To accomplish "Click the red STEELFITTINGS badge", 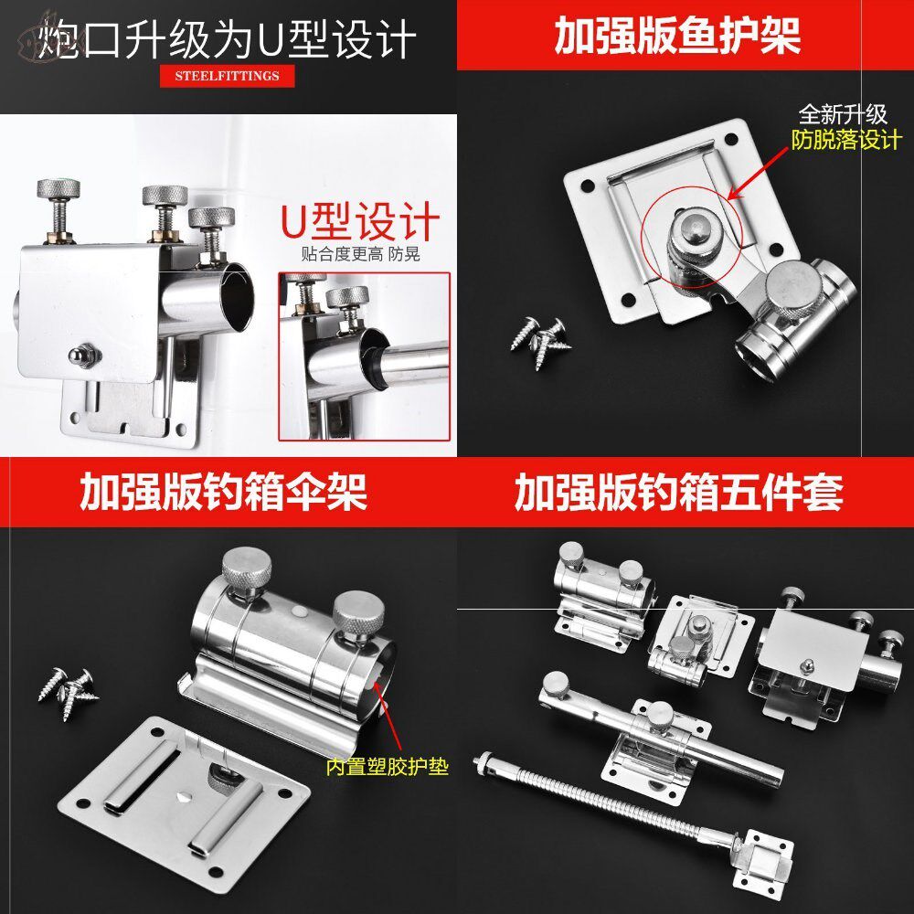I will [x=227, y=76].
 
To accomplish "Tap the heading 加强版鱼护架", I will [x=677, y=36].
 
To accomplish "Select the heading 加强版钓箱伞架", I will [x=223, y=492].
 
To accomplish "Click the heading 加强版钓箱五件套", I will [x=678, y=492].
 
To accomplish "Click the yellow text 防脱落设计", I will [x=845, y=140].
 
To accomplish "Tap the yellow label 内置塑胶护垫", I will [x=388, y=767].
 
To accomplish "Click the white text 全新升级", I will [x=843, y=115].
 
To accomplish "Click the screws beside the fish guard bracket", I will [x=544, y=334].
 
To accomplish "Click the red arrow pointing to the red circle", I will [x=760, y=177].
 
